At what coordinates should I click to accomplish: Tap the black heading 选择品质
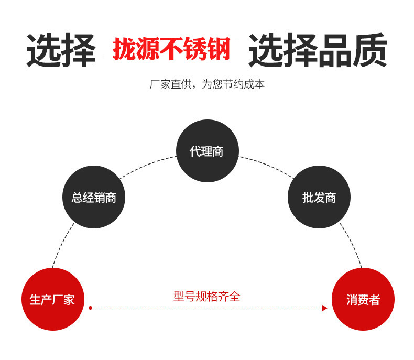[x=318, y=51]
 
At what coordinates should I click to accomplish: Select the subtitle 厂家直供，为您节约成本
[x=207, y=84]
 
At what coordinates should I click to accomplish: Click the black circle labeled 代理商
[x=207, y=151]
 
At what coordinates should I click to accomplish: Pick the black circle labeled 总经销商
[x=94, y=197]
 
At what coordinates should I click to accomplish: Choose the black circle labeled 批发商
[x=319, y=197]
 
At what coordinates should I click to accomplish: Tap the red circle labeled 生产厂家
[x=52, y=299]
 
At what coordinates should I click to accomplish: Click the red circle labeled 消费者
[x=363, y=299]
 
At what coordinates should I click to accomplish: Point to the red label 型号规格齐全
[x=206, y=296]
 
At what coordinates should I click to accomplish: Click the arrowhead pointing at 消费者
[x=325, y=308]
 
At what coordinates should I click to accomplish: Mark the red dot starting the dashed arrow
[x=90, y=308]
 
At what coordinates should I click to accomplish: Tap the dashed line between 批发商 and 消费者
[x=352, y=245]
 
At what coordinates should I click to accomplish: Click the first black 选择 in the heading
[x=61, y=51]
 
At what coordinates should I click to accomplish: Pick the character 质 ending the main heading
[x=369, y=51]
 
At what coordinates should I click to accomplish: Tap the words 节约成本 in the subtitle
[x=247, y=84]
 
